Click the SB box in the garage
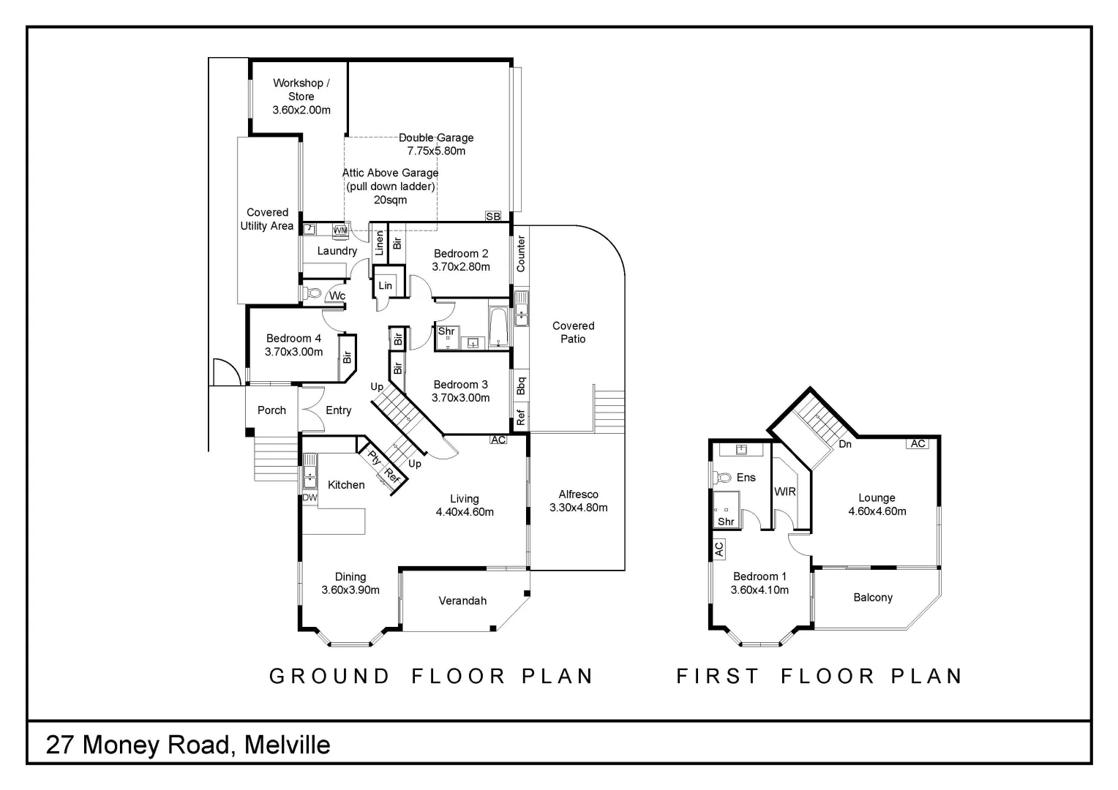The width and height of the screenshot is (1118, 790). coord(493,217)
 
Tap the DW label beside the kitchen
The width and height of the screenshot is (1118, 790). coord(309,497)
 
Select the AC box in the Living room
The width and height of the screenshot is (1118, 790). coord(498,440)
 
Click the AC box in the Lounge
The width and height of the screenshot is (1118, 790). coord(918,443)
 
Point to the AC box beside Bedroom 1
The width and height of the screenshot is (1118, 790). coord(719,549)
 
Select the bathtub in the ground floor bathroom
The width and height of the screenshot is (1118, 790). coord(499,327)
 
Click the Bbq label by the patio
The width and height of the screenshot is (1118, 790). coord(521,385)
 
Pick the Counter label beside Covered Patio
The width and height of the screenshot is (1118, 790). coord(521,254)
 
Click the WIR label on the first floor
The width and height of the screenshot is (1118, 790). coord(784,492)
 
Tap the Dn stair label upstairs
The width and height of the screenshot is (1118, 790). coord(845,444)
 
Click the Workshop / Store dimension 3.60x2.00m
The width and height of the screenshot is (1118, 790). coord(301,110)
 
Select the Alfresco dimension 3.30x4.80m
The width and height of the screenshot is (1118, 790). coord(578,508)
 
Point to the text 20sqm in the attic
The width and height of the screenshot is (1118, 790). coord(390,200)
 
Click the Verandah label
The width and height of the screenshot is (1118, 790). coord(462,601)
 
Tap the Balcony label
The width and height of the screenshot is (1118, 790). coord(873,598)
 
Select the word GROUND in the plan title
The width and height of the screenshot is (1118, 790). coord(330,676)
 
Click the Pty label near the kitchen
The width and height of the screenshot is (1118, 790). coord(375,459)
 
